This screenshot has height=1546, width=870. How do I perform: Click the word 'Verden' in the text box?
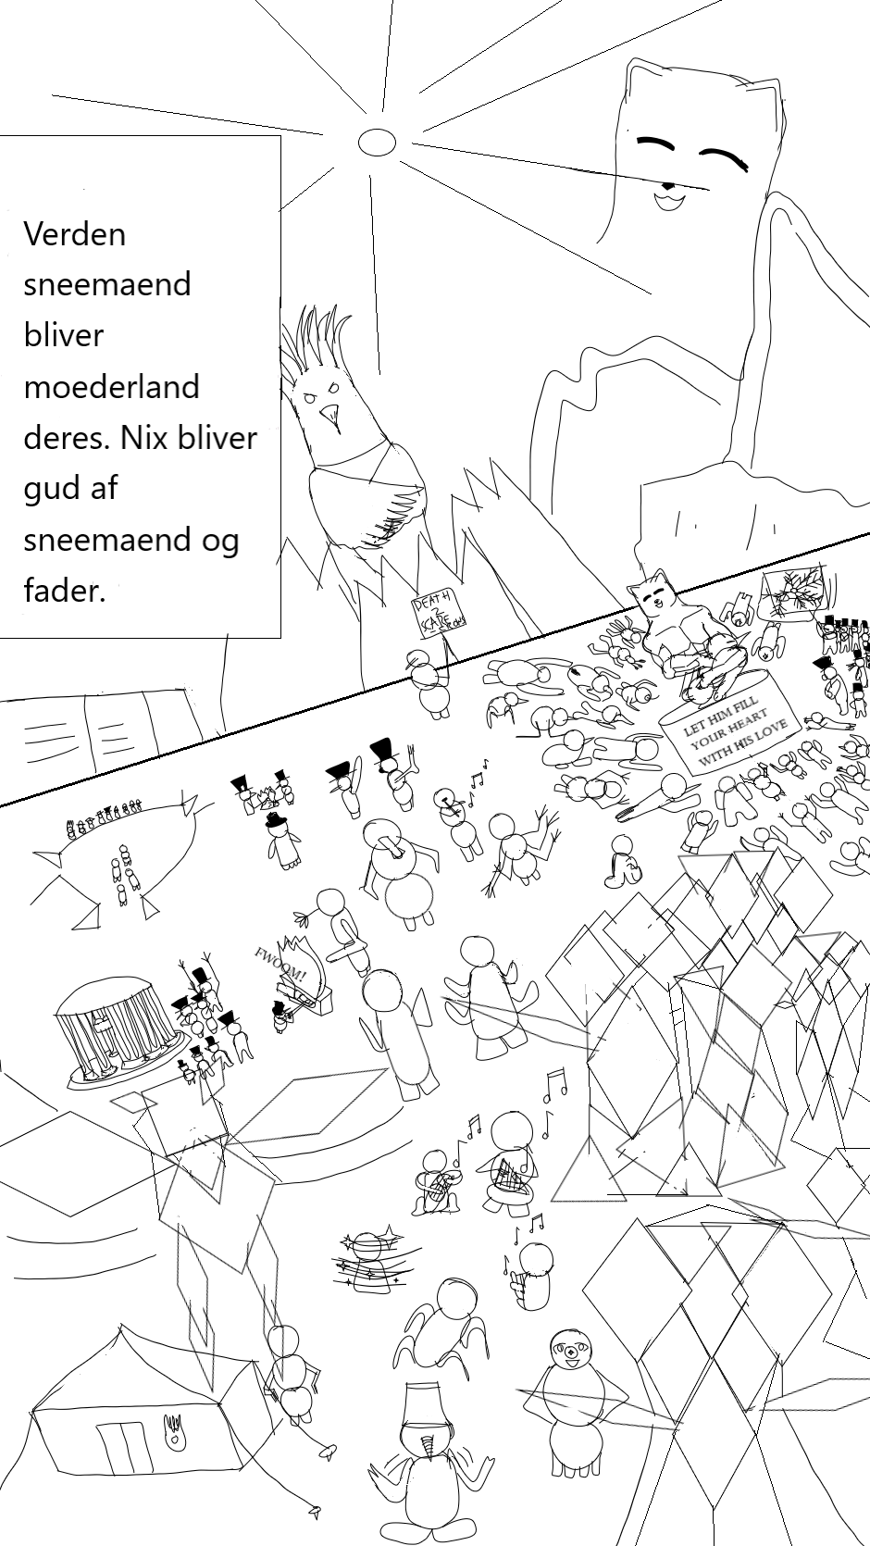(x=74, y=233)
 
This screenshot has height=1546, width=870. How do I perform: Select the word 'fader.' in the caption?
(x=65, y=590)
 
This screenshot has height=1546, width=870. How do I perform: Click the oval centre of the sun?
(x=377, y=142)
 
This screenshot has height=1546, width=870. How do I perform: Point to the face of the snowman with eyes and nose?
(x=568, y=1351)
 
